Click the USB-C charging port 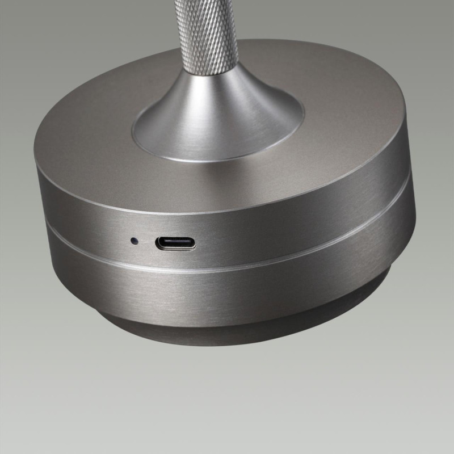[x=176, y=244]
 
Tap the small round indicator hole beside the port [x=134, y=241]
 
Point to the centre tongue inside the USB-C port [x=176, y=244]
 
